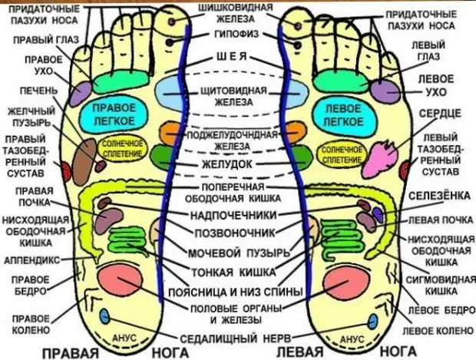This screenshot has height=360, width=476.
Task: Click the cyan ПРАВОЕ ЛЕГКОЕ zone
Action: click(114, 114)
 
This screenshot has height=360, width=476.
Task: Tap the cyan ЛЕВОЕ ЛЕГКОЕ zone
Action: click(343, 115)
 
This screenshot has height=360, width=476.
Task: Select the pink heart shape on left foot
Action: click(381, 158)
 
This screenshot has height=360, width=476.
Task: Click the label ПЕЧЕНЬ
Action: click(38, 90)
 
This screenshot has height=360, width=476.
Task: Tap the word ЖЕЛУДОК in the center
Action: click(227, 164)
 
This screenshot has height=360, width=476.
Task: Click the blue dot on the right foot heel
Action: click(104, 316)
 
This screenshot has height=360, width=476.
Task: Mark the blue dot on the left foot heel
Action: click(372, 322)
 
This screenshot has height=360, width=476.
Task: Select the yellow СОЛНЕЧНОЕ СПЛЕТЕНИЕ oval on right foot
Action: click(122, 148)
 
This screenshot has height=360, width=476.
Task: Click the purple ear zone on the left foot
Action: click(385, 91)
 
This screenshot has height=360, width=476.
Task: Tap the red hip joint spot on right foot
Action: click(66, 172)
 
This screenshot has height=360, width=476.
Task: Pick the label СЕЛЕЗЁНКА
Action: click(439, 196)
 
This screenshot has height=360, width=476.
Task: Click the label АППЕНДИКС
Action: click(32, 260)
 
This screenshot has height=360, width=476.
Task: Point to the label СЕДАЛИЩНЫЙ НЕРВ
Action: click(236, 339)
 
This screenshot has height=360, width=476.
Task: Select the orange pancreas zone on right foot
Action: click(168, 134)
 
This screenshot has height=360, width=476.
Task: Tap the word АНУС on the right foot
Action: click(124, 338)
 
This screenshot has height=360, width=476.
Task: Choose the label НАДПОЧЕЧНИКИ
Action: click(233, 215)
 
